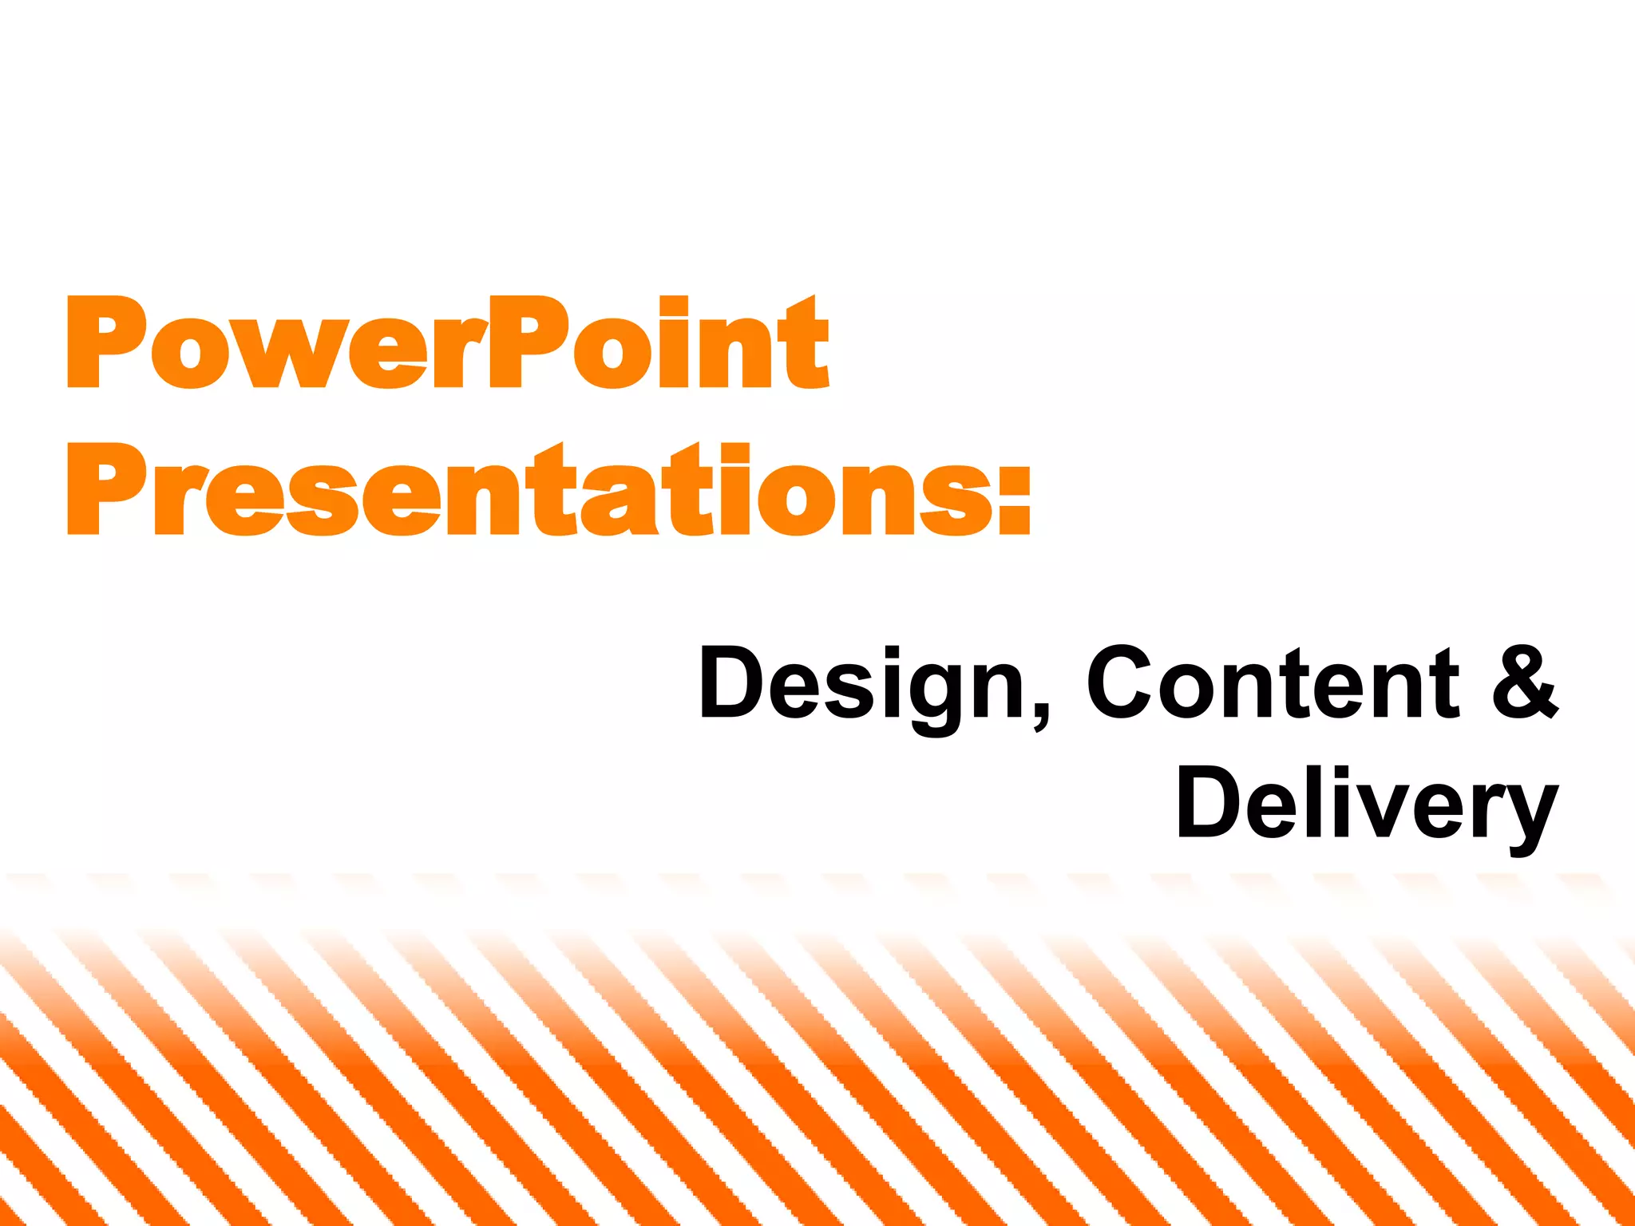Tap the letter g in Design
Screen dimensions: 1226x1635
tap(934, 694)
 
